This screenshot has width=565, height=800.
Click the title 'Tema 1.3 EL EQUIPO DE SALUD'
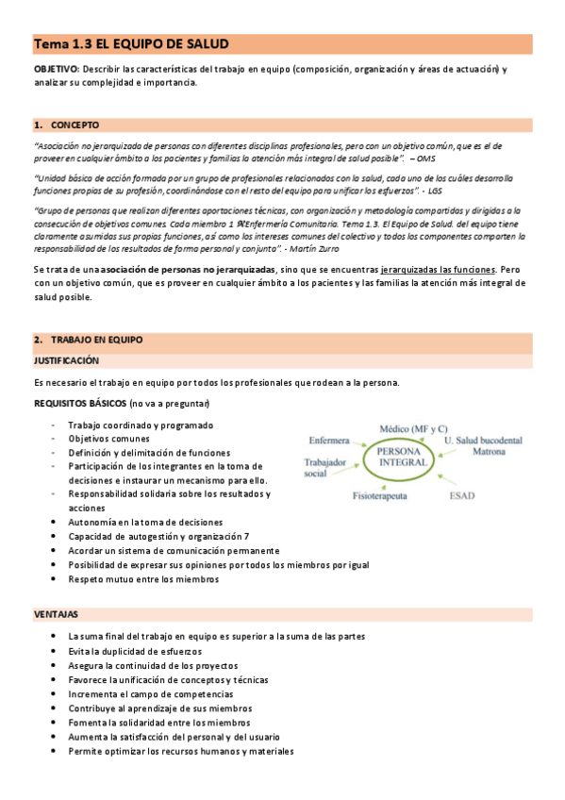click(x=131, y=44)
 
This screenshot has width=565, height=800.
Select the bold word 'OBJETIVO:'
click(x=57, y=70)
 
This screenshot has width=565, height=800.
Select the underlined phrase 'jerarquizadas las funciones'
click(x=437, y=270)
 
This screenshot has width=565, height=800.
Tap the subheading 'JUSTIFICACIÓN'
click(x=66, y=360)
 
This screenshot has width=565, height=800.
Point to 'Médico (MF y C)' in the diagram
click(x=413, y=428)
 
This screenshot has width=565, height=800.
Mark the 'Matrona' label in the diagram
click(x=489, y=453)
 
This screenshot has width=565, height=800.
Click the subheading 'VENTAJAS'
click(x=56, y=613)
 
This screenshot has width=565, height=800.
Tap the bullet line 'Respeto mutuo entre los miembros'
click(x=143, y=579)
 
